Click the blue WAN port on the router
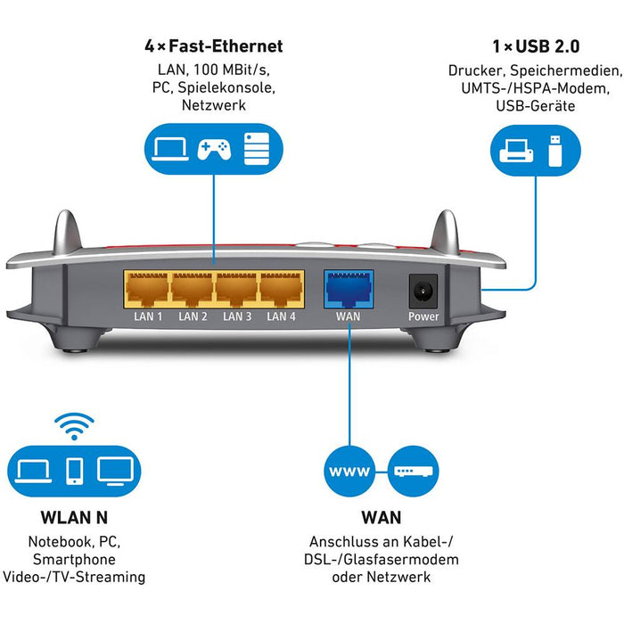pyautogui.click(x=349, y=288)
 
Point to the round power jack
pyautogui.click(x=423, y=291)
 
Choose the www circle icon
pyautogui.click(x=349, y=471)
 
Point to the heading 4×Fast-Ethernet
pyautogui.click(x=213, y=45)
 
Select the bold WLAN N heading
pyautogui.click(x=74, y=518)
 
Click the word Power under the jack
pyautogui.click(x=423, y=316)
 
